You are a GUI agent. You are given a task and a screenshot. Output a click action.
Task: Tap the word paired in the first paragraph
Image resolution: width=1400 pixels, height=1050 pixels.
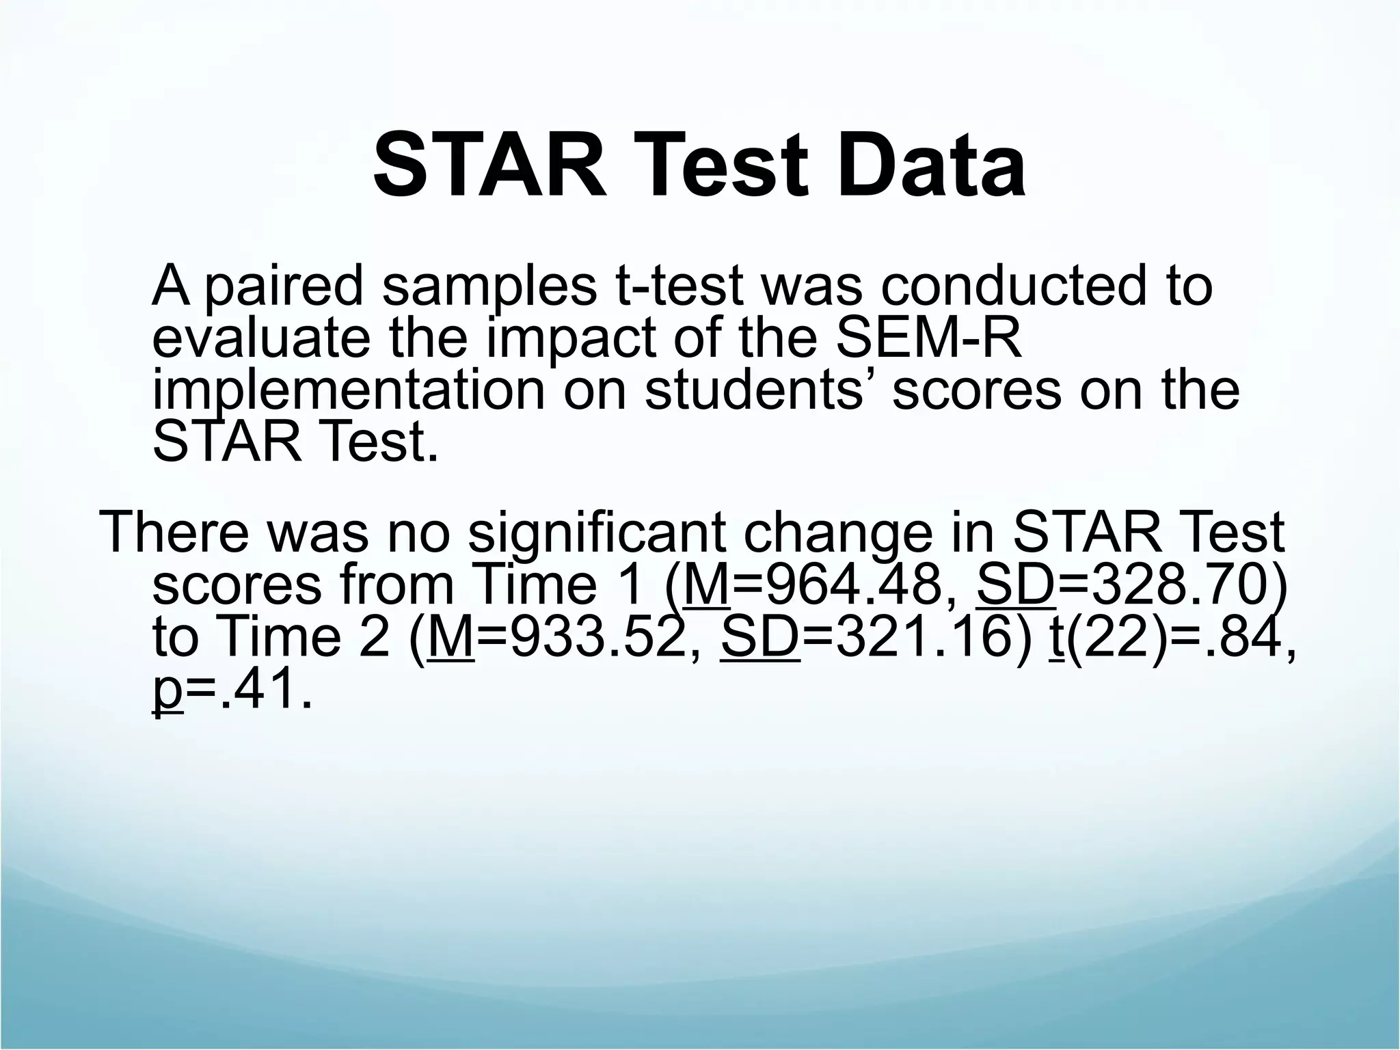click(283, 286)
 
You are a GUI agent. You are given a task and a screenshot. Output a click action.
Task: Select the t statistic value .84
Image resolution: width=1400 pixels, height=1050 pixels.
click(1241, 638)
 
